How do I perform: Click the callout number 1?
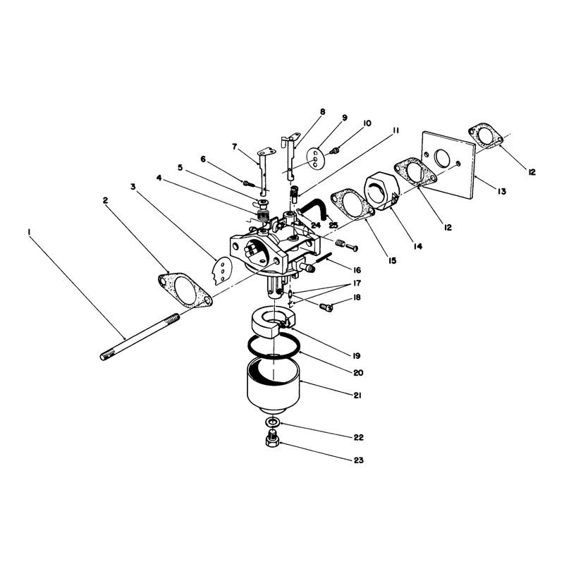click(28, 233)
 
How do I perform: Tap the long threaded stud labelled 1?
click(140, 337)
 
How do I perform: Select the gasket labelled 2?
click(185, 290)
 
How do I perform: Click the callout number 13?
click(502, 191)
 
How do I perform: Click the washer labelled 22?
click(273, 422)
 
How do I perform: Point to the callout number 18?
click(357, 298)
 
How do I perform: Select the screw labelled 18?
click(326, 307)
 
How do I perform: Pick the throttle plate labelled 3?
click(222, 271)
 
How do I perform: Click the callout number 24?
click(315, 226)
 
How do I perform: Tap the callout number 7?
click(235, 147)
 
